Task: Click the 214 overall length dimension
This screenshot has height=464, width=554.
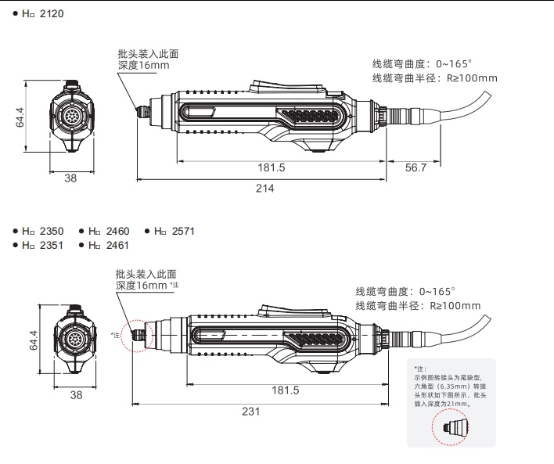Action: (266, 188)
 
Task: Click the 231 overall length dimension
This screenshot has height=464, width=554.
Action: (251, 412)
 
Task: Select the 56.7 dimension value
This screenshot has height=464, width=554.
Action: (416, 167)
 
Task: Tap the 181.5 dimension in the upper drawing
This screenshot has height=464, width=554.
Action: (272, 167)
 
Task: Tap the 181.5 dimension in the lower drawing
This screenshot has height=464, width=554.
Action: (286, 390)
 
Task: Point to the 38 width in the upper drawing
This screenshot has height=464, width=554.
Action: (70, 178)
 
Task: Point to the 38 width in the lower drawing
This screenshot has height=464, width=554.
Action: (76, 395)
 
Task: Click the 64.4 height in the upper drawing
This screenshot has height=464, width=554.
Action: (21, 117)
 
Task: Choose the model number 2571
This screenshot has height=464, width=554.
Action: (182, 232)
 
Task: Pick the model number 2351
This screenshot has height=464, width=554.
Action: (52, 245)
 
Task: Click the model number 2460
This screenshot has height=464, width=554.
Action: (117, 232)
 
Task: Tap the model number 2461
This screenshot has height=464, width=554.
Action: (117, 245)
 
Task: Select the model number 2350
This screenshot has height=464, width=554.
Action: (52, 232)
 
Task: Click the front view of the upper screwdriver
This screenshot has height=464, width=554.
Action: (71, 117)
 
